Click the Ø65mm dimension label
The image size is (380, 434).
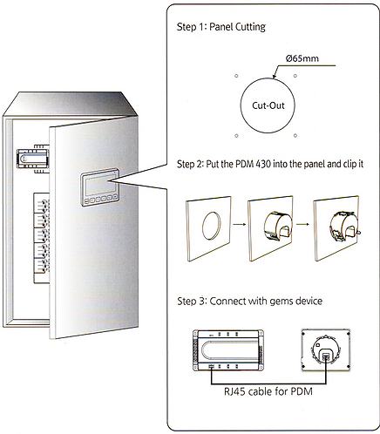point(302,58)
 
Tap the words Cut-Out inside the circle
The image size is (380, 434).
point(268,105)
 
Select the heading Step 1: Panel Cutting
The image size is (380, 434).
point(221,27)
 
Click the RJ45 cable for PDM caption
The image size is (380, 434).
point(268,391)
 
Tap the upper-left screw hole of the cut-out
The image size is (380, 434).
point(236,76)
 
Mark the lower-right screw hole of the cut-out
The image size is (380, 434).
point(295,135)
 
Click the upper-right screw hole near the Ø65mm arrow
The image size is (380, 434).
point(295,76)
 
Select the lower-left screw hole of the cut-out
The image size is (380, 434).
point(236,135)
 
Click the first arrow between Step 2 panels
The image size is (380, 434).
point(240,224)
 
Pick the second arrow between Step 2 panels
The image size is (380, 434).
point(302,224)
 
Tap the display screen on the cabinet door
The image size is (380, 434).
point(98,186)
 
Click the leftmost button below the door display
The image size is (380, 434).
point(86,200)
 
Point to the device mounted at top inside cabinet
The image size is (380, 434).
point(32,159)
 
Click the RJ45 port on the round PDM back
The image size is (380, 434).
point(326,357)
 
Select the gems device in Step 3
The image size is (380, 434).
point(228,350)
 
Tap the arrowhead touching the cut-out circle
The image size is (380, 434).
point(274,77)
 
